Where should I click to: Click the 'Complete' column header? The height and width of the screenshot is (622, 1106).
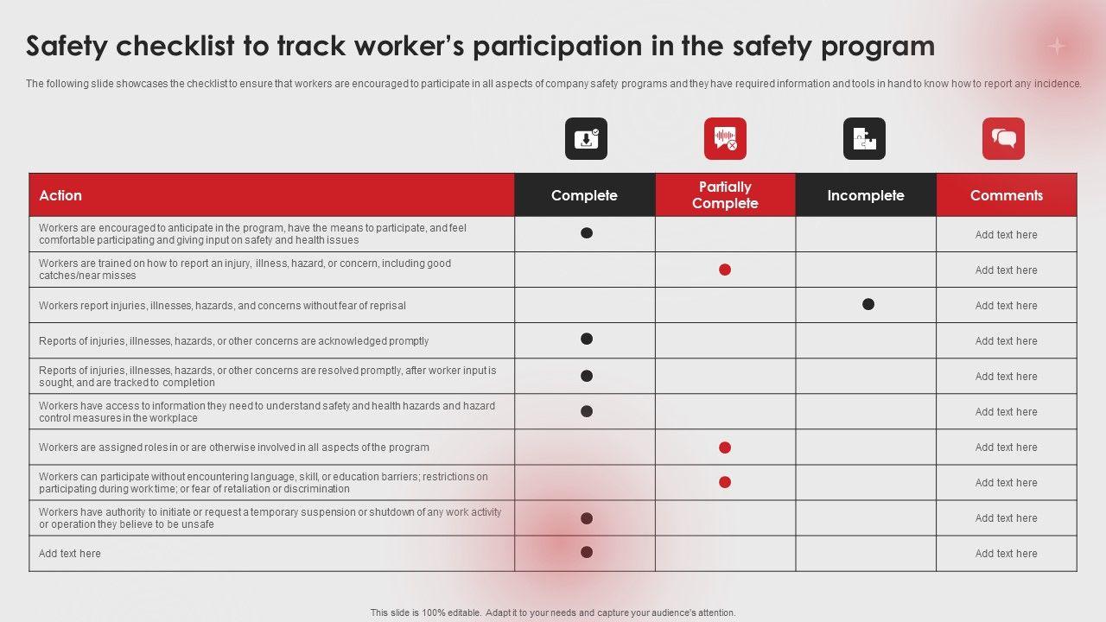tap(584, 195)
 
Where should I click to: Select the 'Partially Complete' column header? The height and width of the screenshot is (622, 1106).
tap(725, 195)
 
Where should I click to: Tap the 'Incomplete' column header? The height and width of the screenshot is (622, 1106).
tap(865, 195)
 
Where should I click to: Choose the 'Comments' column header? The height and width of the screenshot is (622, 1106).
tap(1006, 195)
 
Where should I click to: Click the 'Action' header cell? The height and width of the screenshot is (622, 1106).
tap(60, 195)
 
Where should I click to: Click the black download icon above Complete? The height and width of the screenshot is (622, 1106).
tap(586, 139)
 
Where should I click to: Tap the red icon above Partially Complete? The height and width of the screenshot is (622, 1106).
tap(725, 139)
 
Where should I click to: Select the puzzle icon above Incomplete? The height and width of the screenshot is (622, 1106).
tap(864, 139)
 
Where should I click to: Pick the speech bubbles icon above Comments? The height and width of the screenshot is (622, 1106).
tap(1003, 139)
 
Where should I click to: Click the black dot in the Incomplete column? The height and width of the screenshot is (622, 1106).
tap(868, 304)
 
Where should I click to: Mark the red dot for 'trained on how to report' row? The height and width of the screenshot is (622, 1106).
tap(725, 270)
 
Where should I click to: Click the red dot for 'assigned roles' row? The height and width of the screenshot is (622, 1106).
tap(725, 447)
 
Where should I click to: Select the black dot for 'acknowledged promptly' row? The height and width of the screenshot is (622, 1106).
tap(587, 339)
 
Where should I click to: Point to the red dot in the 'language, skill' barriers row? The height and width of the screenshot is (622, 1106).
tap(725, 482)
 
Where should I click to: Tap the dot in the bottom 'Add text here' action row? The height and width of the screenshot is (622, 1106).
tap(587, 552)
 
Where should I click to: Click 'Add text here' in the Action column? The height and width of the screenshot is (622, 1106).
tap(70, 554)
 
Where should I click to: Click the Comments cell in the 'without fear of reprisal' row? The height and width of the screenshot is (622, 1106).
tap(1006, 306)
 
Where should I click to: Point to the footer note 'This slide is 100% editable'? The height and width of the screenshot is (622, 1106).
tap(553, 612)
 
